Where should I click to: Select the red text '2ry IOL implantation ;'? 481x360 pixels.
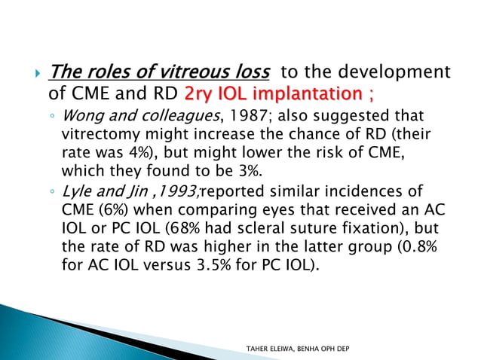click(x=279, y=94)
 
